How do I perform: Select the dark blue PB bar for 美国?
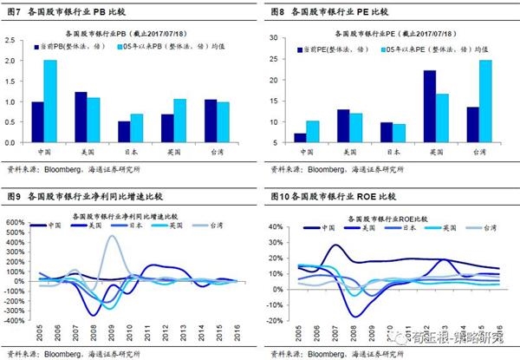click(81, 117)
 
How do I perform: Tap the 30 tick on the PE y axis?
click(276, 40)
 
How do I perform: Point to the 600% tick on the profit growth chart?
click(16, 223)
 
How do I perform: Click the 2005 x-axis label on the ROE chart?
click(296, 334)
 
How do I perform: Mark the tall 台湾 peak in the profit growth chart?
click(113, 236)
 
